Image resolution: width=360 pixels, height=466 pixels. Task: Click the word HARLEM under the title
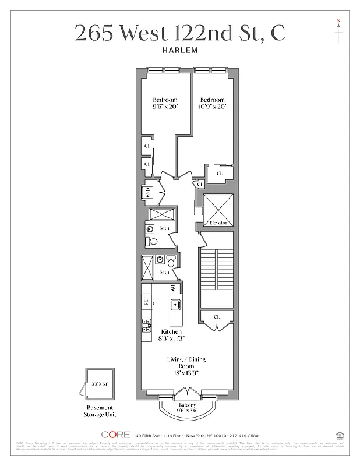tap(180, 50)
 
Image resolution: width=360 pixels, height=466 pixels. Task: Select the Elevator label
tap(217, 223)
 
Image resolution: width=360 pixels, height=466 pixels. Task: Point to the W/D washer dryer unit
tap(149, 192)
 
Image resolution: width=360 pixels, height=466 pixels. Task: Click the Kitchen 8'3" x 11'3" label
tap(171, 335)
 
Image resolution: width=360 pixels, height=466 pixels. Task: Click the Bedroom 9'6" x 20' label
tap(165, 103)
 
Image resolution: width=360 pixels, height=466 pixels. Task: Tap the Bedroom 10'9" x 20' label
tap(212, 103)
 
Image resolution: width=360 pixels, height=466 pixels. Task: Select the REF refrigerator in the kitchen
tap(146, 301)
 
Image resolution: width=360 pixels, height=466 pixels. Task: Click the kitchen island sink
tap(174, 303)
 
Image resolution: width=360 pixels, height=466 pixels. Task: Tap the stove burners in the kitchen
tap(146, 326)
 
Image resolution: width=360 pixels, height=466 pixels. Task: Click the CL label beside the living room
tap(216, 317)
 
